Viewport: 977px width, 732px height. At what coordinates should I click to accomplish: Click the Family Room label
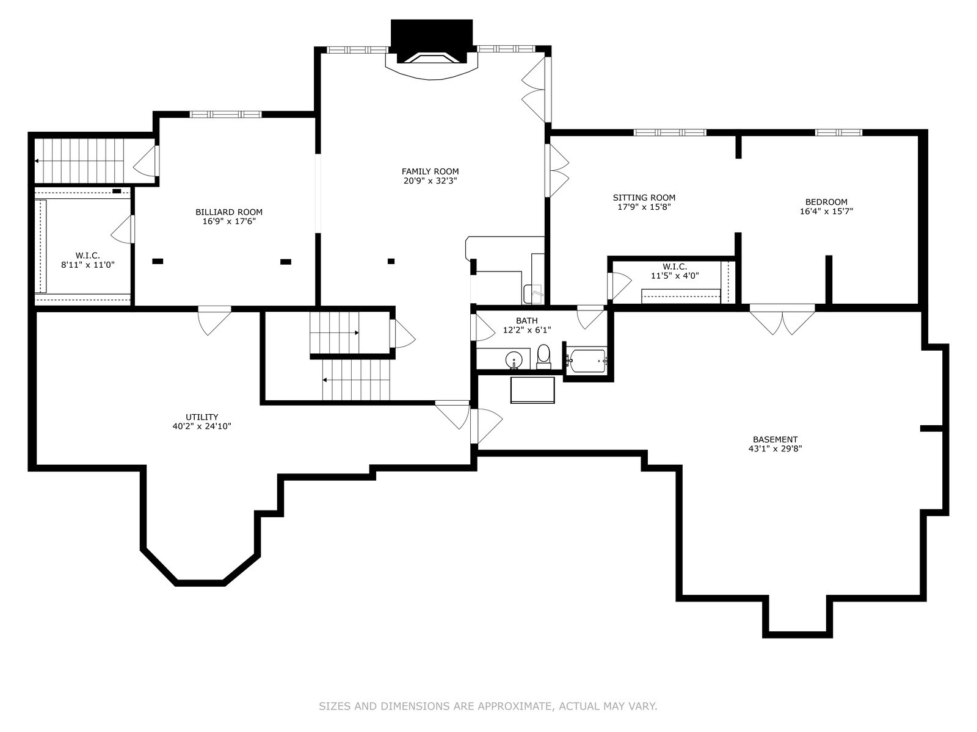click(x=430, y=171)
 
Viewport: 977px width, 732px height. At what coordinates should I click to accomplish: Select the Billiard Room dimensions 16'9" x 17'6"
click(x=228, y=221)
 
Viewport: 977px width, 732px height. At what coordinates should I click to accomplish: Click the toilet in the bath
click(x=543, y=356)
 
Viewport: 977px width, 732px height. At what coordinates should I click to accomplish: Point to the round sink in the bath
click(x=514, y=360)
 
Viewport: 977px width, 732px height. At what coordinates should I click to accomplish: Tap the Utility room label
click(x=202, y=417)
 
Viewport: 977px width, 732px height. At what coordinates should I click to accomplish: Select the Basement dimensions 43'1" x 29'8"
click(x=775, y=448)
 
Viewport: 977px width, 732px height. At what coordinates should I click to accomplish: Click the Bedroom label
click(x=826, y=202)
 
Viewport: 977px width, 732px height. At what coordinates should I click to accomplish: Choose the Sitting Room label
click(x=644, y=198)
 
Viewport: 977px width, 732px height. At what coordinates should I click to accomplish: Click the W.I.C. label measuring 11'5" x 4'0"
click(x=675, y=267)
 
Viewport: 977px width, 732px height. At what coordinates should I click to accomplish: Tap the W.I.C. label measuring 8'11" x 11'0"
click(x=87, y=255)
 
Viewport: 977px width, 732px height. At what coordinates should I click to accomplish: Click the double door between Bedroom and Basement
click(x=783, y=318)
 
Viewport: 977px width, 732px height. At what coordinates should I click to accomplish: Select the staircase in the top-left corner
click(x=79, y=160)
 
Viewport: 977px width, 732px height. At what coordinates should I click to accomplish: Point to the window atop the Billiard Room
click(x=225, y=114)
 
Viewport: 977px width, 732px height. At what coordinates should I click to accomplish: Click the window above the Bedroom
click(x=838, y=132)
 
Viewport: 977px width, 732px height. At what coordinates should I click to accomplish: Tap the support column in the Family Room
click(x=391, y=261)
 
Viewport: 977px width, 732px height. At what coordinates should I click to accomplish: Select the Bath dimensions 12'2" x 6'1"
click(x=526, y=330)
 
